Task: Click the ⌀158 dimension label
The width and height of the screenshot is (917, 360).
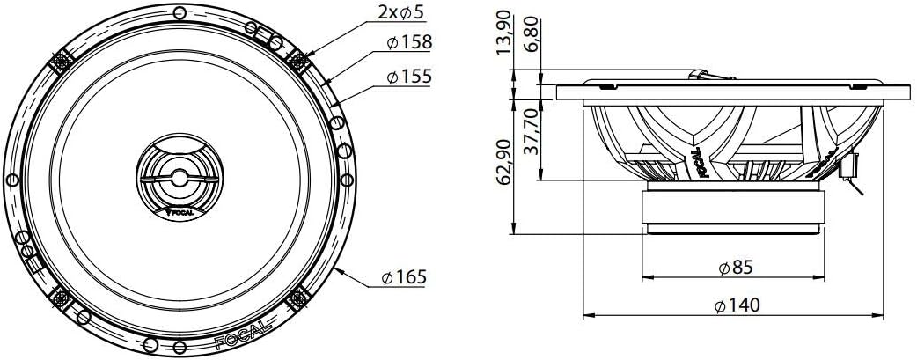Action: click(408, 42)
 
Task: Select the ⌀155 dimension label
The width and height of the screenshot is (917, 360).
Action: click(408, 77)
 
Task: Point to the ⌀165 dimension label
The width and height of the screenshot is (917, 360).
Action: click(404, 278)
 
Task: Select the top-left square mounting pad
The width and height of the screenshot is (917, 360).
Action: click(64, 62)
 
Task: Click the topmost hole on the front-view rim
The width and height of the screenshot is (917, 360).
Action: click(180, 13)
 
